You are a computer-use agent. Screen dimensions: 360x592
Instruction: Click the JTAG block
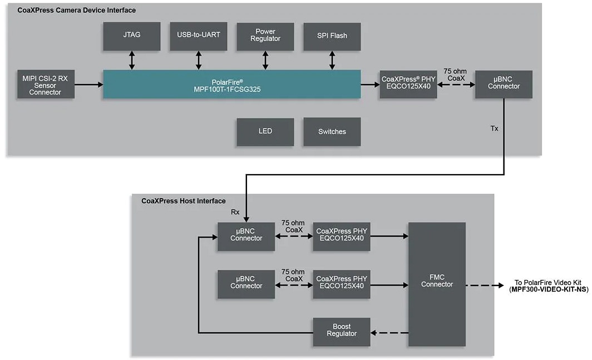coord(132,36)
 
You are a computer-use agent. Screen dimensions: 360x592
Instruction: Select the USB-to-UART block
coord(199,36)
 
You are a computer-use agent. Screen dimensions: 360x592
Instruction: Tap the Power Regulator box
coord(265,36)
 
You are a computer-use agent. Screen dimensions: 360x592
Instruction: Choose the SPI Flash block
coord(332,36)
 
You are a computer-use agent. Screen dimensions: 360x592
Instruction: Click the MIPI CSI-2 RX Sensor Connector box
coord(46,85)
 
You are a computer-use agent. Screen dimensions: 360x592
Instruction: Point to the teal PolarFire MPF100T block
coord(231,85)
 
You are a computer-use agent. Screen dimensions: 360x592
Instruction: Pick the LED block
coord(265,132)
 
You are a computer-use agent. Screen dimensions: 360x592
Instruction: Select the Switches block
coord(332,132)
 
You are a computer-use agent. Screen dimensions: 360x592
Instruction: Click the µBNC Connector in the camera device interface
coord(504,85)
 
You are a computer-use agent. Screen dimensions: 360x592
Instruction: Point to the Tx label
coord(494,129)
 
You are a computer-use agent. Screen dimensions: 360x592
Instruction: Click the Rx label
coord(235,212)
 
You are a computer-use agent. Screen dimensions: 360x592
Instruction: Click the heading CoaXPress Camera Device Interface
coord(76,10)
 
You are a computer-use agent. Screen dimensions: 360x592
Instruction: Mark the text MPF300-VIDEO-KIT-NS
coord(549,289)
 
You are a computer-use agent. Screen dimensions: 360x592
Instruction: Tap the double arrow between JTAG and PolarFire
coord(132,60)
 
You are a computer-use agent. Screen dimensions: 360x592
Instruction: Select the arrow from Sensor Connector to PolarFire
coord(89,85)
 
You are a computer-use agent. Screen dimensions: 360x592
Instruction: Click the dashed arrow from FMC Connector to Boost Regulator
coord(389,333)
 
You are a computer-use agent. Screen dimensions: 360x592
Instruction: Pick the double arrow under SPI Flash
coord(332,60)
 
